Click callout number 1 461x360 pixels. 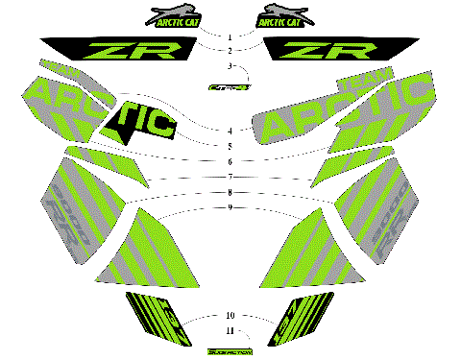point(230,36)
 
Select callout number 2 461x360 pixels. point(230,49)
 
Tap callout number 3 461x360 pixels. point(230,66)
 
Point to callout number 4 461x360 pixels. point(230,130)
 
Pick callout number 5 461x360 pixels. point(230,146)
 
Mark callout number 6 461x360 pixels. point(230,161)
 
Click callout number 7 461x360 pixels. point(230,178)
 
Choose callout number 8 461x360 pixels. point(230,192)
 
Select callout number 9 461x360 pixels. point(230,207)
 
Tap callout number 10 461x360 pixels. point(230,315)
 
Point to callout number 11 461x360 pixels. point(230,330)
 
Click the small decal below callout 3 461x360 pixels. point(230,86)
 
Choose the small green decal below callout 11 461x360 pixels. point(230,350)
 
